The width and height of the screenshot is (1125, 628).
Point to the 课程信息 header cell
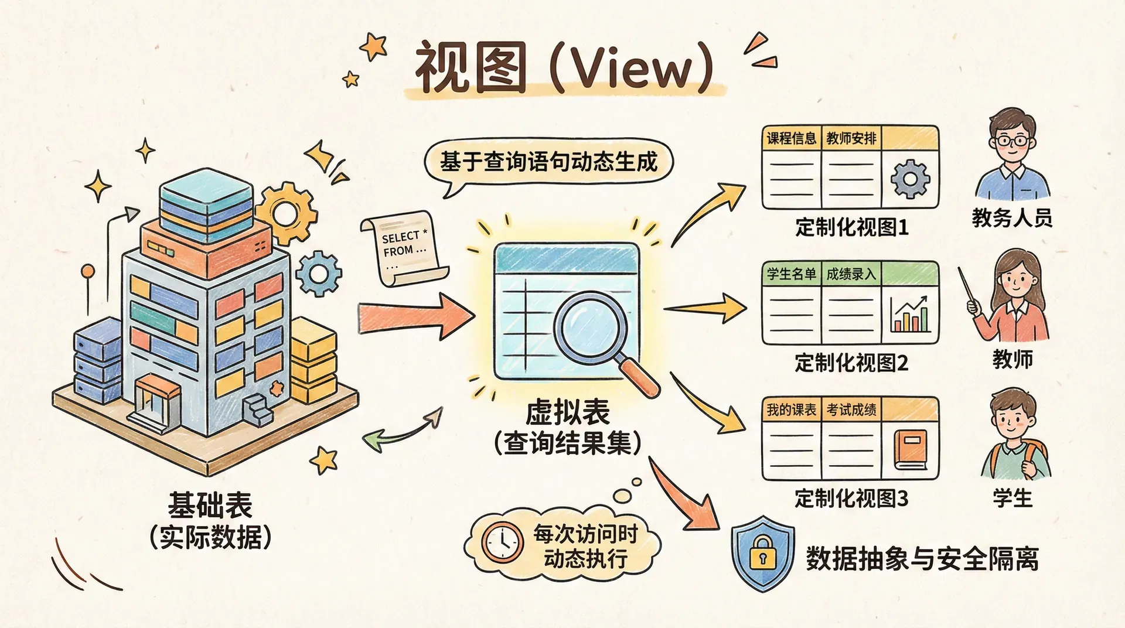(791, 139)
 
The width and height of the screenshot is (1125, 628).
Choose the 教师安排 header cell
(851, 139)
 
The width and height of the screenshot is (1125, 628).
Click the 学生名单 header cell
(791, 274)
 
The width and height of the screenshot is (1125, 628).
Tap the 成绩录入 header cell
(851, 274)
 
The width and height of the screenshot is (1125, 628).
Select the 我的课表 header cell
(791, 410)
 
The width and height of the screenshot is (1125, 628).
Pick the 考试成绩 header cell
(851, 410)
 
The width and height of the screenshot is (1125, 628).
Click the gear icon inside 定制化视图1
(910, 179)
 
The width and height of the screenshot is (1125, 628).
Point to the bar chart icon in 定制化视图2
(910, 315)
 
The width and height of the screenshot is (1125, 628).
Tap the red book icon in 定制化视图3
(911, 450)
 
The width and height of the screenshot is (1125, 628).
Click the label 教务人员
(1012, 218)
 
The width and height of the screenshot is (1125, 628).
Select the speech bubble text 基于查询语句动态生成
(548, 162)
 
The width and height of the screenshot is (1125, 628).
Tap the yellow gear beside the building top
(285, 211)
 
